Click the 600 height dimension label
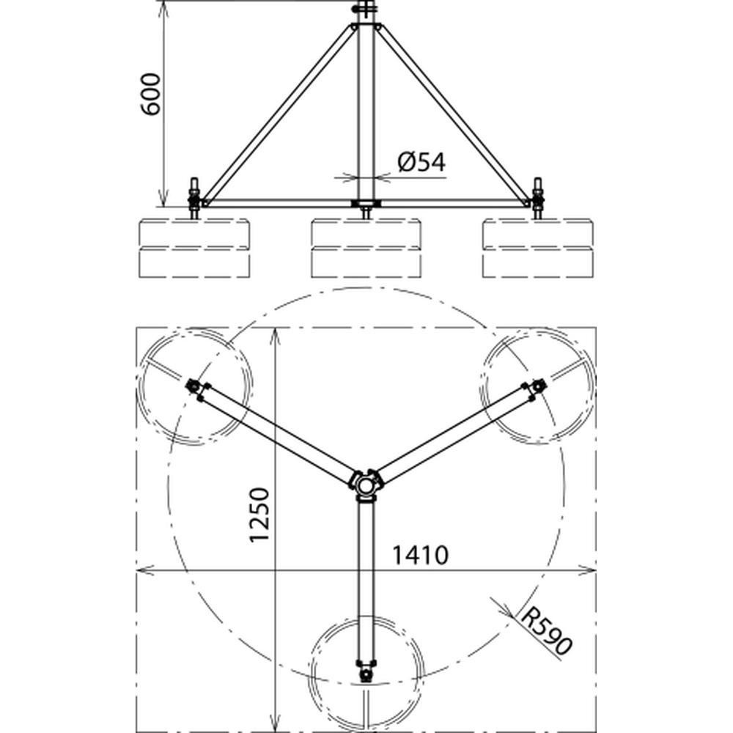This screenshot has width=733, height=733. click(151, 94)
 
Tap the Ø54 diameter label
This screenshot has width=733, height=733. click(421, 162)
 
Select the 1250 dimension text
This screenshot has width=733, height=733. click(259, 515)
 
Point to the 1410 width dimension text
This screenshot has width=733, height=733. click(420, 555)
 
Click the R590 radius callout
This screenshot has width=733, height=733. click(545, 630)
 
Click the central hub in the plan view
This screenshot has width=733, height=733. click(366, 485)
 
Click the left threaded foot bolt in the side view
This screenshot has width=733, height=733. click(194, 198)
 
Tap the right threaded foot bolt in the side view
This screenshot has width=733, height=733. click(537, 198)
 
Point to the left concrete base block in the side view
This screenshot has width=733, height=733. click(194, 248)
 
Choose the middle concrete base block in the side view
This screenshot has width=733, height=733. click(366, 248)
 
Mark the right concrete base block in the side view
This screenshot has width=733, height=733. click(538, 248)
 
